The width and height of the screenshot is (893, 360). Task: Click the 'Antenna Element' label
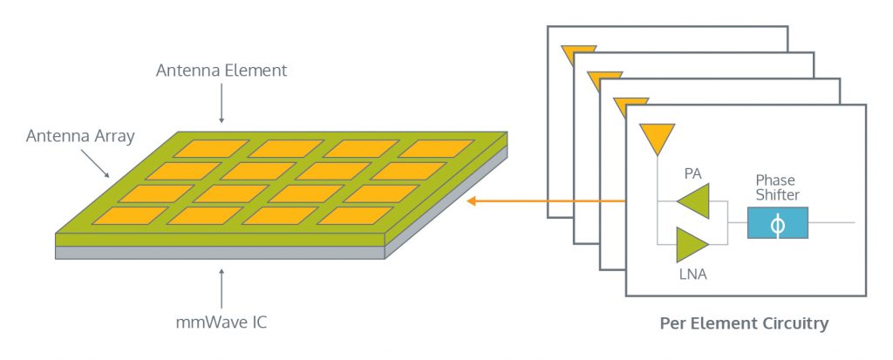(221, 71)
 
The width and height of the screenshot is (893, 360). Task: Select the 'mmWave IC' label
(221, 323)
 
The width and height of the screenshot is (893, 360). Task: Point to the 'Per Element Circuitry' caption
(744, 324)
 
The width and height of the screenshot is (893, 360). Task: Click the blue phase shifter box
(778, 223)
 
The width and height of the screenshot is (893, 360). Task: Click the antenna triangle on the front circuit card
(656, 138)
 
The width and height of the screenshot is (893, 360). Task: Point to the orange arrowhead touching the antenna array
(473, 202)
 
